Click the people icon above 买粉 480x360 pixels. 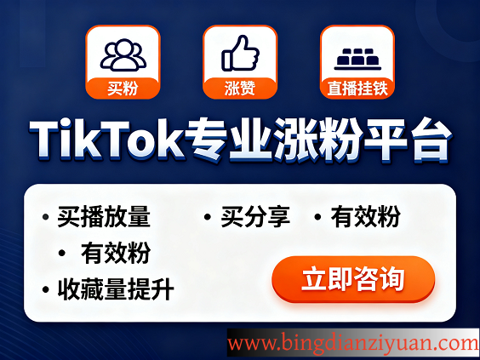coord(123,54)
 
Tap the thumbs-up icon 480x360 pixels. coord(239,54)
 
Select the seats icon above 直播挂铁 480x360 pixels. coord(357,56)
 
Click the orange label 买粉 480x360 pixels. coord(123,87)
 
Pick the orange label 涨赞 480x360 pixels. coord(239,87)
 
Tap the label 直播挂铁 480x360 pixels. coord(357,87)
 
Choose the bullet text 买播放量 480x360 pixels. coord(104,217)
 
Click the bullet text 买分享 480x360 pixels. coord(255,217)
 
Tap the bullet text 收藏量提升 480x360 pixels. coord(116,290)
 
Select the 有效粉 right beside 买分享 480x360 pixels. coord(366,217)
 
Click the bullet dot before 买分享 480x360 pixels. coord(208,218)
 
